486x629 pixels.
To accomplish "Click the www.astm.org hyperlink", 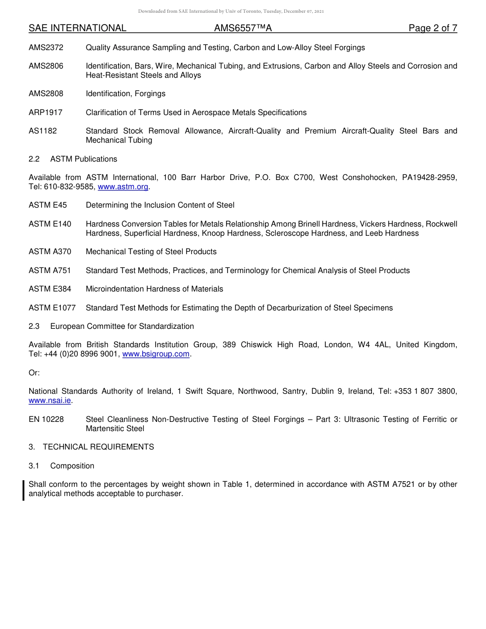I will [x=123, y=187].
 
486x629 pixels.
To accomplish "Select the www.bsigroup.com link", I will [x=156, y=354].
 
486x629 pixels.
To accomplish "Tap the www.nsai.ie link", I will [x=50, y=401].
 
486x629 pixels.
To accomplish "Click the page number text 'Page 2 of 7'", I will [x=432, y=29].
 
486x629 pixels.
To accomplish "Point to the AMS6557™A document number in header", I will [x=243, y=29].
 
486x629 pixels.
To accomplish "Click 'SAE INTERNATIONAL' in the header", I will [x=77, y=29].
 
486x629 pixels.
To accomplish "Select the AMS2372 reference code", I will [x=46, y=48].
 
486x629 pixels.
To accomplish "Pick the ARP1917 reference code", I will [x=46, y=113].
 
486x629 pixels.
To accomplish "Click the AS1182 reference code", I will [x=43, y=131].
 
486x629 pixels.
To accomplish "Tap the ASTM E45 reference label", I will [x=48, y=206].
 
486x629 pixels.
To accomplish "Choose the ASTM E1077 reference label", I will [x=52, y=308].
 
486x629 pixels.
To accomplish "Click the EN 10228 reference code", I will [x=46, y=419].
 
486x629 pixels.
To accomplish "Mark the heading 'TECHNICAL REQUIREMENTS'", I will [x=98, y=447].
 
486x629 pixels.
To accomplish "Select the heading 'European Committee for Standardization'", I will [x=122, y=326].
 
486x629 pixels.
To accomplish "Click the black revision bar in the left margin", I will [x=24, y=489].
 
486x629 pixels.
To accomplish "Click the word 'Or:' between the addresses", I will [x=34, y=373].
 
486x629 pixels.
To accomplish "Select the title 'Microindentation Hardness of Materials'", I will [x=154, y=289].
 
